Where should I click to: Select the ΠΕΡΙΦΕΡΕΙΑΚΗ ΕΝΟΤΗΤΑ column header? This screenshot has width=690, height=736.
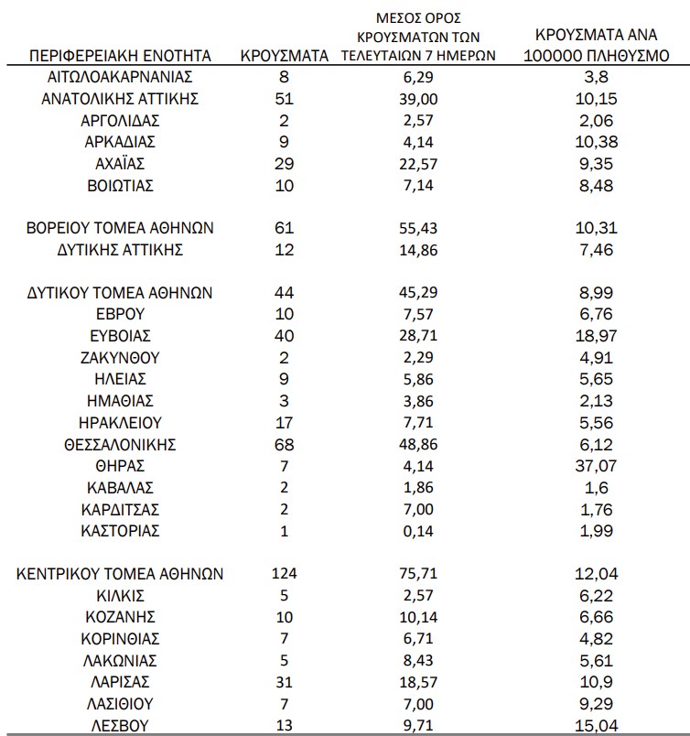coord(121,56)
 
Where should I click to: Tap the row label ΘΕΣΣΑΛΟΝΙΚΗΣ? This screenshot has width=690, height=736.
coord(121,446)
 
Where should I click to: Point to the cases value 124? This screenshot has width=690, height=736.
coord(285,574)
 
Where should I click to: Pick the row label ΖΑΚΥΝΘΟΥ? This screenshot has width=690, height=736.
coord(121,357)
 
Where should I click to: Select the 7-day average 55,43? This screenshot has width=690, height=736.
coord(420,228)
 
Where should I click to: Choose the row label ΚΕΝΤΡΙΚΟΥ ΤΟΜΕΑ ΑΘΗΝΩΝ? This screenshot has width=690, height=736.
coord(121,574)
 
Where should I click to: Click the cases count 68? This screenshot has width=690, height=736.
coord(285,446)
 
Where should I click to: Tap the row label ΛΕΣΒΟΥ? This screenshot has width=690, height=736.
coord(121,725)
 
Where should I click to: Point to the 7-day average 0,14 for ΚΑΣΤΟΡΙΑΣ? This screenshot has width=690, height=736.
coord(420,531)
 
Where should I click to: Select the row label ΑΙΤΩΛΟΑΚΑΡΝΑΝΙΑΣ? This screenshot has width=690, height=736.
coord(121,77)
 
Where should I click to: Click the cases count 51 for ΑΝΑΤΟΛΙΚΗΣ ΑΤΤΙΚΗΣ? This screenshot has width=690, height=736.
coord(285,99)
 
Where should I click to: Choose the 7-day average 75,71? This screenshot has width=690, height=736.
coord(420,574)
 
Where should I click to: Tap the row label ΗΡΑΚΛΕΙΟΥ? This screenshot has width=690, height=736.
coord(121,423)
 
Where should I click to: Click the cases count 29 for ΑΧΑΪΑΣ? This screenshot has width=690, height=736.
coord(285,164)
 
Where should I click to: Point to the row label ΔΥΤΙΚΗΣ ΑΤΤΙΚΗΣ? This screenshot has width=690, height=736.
coord(121,249)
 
